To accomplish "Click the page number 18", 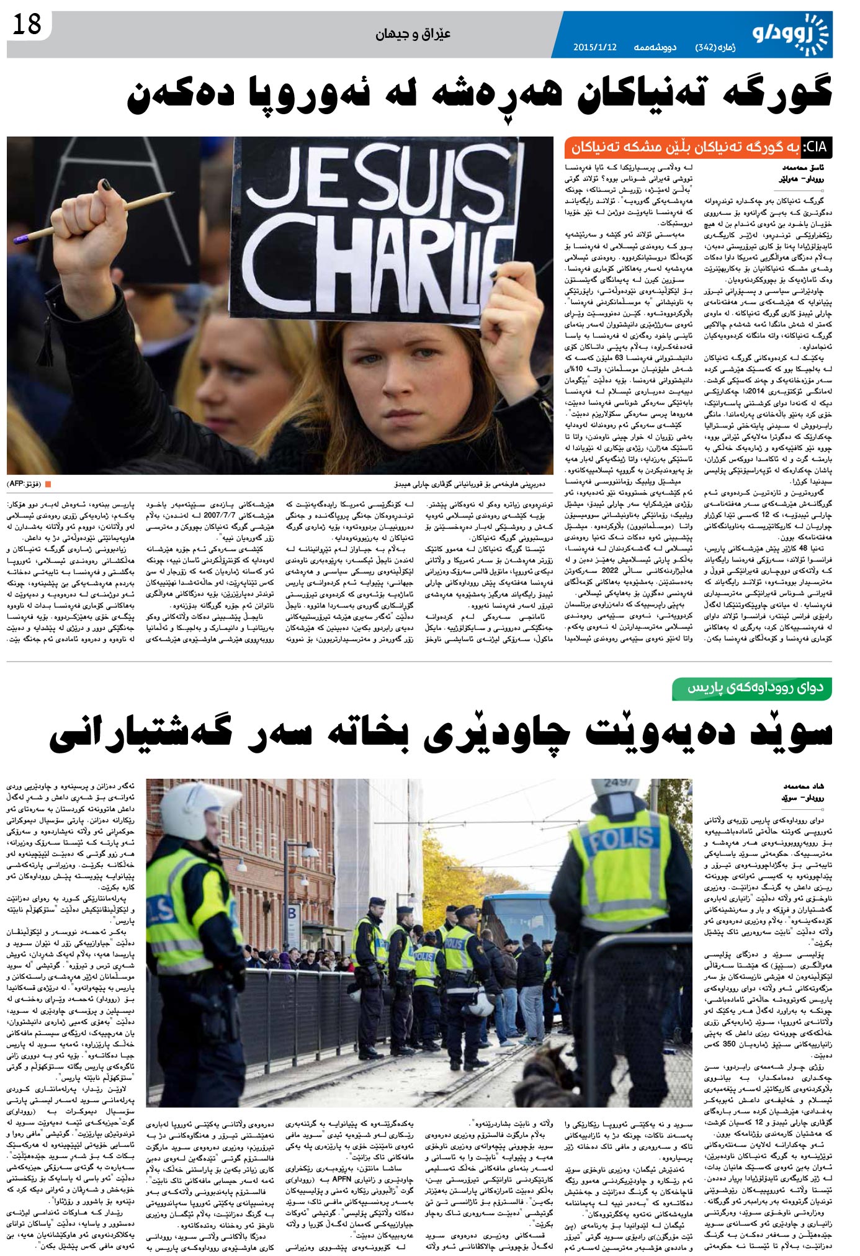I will click(x=26, y=25).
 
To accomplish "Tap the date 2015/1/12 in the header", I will click(x=594, y=47).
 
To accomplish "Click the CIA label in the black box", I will click(x=815, y=148).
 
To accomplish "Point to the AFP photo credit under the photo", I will click(x=25, y=483).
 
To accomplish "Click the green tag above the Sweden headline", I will click(x=752, y=688).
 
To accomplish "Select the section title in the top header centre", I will click(x=413, y=34).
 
